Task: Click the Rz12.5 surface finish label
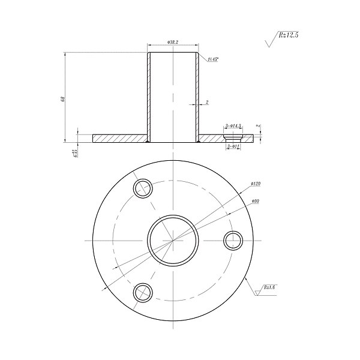(288, 35)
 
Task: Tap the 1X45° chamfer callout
(212, 59)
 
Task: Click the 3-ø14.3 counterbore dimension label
(233, 127)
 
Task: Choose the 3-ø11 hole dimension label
(233, 146)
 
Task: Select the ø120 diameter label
(256, 184)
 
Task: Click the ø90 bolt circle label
(254, 201)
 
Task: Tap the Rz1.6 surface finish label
(269, 287)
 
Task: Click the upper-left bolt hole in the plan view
(143, 188)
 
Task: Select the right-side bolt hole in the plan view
(233, 241)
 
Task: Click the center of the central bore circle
(173, 241)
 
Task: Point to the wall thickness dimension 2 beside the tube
(206, 103)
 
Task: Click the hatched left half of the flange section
(120, 139)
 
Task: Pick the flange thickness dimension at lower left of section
(74, 152)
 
